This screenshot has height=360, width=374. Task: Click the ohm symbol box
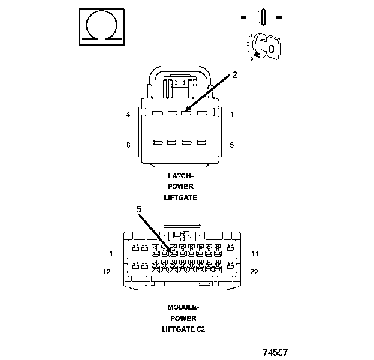[x=101, y=28]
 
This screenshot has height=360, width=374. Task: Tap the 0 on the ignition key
[x=272, y=48]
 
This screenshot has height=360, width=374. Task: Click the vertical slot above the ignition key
[x=263, y=17]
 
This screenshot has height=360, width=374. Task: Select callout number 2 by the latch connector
[x=235, y=75]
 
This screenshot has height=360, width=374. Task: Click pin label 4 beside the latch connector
[x=128, y=115]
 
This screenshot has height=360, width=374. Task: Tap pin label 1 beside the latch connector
[x=232, y=115]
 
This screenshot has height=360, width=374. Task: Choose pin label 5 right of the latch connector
[x=232, y=145]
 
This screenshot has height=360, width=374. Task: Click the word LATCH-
[x=180, y=176]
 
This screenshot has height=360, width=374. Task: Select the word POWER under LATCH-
[x=180, y=187]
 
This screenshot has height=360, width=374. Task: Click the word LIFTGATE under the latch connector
[x=180, y=197]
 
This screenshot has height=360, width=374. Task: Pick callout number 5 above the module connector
[x=138, y=209]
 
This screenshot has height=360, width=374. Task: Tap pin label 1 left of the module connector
[x=111, y=254]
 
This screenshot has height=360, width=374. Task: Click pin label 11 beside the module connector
[x=254, y=254]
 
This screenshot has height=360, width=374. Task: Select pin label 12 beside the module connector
[x=108, y=272]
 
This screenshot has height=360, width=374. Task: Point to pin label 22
[x=254, y=272]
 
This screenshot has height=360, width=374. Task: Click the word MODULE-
[x=183, y=307]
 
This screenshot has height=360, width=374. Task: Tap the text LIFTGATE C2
[x=183, y=329]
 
